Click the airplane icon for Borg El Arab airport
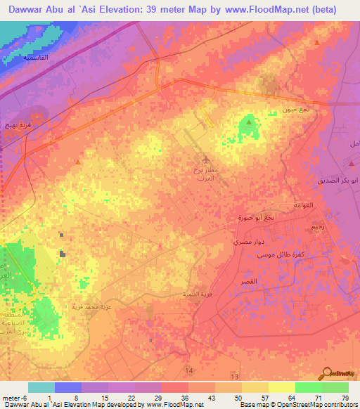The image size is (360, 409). [205, 162]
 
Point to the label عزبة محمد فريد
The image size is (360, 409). [91, 306]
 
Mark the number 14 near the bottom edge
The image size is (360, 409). [188, 370]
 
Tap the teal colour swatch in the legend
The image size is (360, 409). [41, 387]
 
